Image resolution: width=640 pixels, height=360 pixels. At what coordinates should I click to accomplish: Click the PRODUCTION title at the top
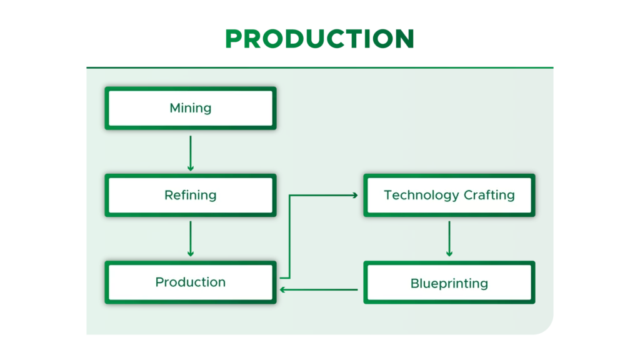tap(319, 39)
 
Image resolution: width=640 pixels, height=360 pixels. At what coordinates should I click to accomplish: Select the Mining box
tap(191, 108)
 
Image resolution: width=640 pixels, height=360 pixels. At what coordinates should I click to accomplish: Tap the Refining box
tap(191, 195)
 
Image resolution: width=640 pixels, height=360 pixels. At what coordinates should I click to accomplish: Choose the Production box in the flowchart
tap(191, 282)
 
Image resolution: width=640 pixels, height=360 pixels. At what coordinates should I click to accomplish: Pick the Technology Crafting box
tap(449, 195)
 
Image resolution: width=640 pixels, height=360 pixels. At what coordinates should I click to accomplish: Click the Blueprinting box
tap(449, 282)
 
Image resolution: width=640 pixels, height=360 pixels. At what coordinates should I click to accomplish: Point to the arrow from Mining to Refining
tap(191, 154)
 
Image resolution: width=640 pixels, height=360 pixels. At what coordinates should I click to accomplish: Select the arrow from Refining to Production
tap(191, 239)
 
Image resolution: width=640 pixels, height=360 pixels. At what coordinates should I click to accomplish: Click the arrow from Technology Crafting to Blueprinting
tap(449, 239)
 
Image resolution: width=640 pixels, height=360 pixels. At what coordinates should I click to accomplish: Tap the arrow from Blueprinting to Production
tap(319, 290)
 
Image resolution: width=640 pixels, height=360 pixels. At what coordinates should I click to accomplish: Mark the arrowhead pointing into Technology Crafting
tap(355, 196)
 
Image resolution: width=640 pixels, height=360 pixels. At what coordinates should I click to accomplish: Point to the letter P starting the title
tap(234, 39)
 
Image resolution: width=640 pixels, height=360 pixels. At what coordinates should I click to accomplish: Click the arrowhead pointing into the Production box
tap(282, 290)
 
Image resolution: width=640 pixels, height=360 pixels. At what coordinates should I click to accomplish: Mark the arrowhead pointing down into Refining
tap(191, 168)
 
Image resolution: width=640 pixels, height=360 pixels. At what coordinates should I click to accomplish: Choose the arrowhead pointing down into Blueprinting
tap(449, 254)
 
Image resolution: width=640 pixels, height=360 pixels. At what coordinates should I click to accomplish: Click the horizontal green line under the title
tap(320, 67)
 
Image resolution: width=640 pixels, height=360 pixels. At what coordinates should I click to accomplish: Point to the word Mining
tap(191, 109)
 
